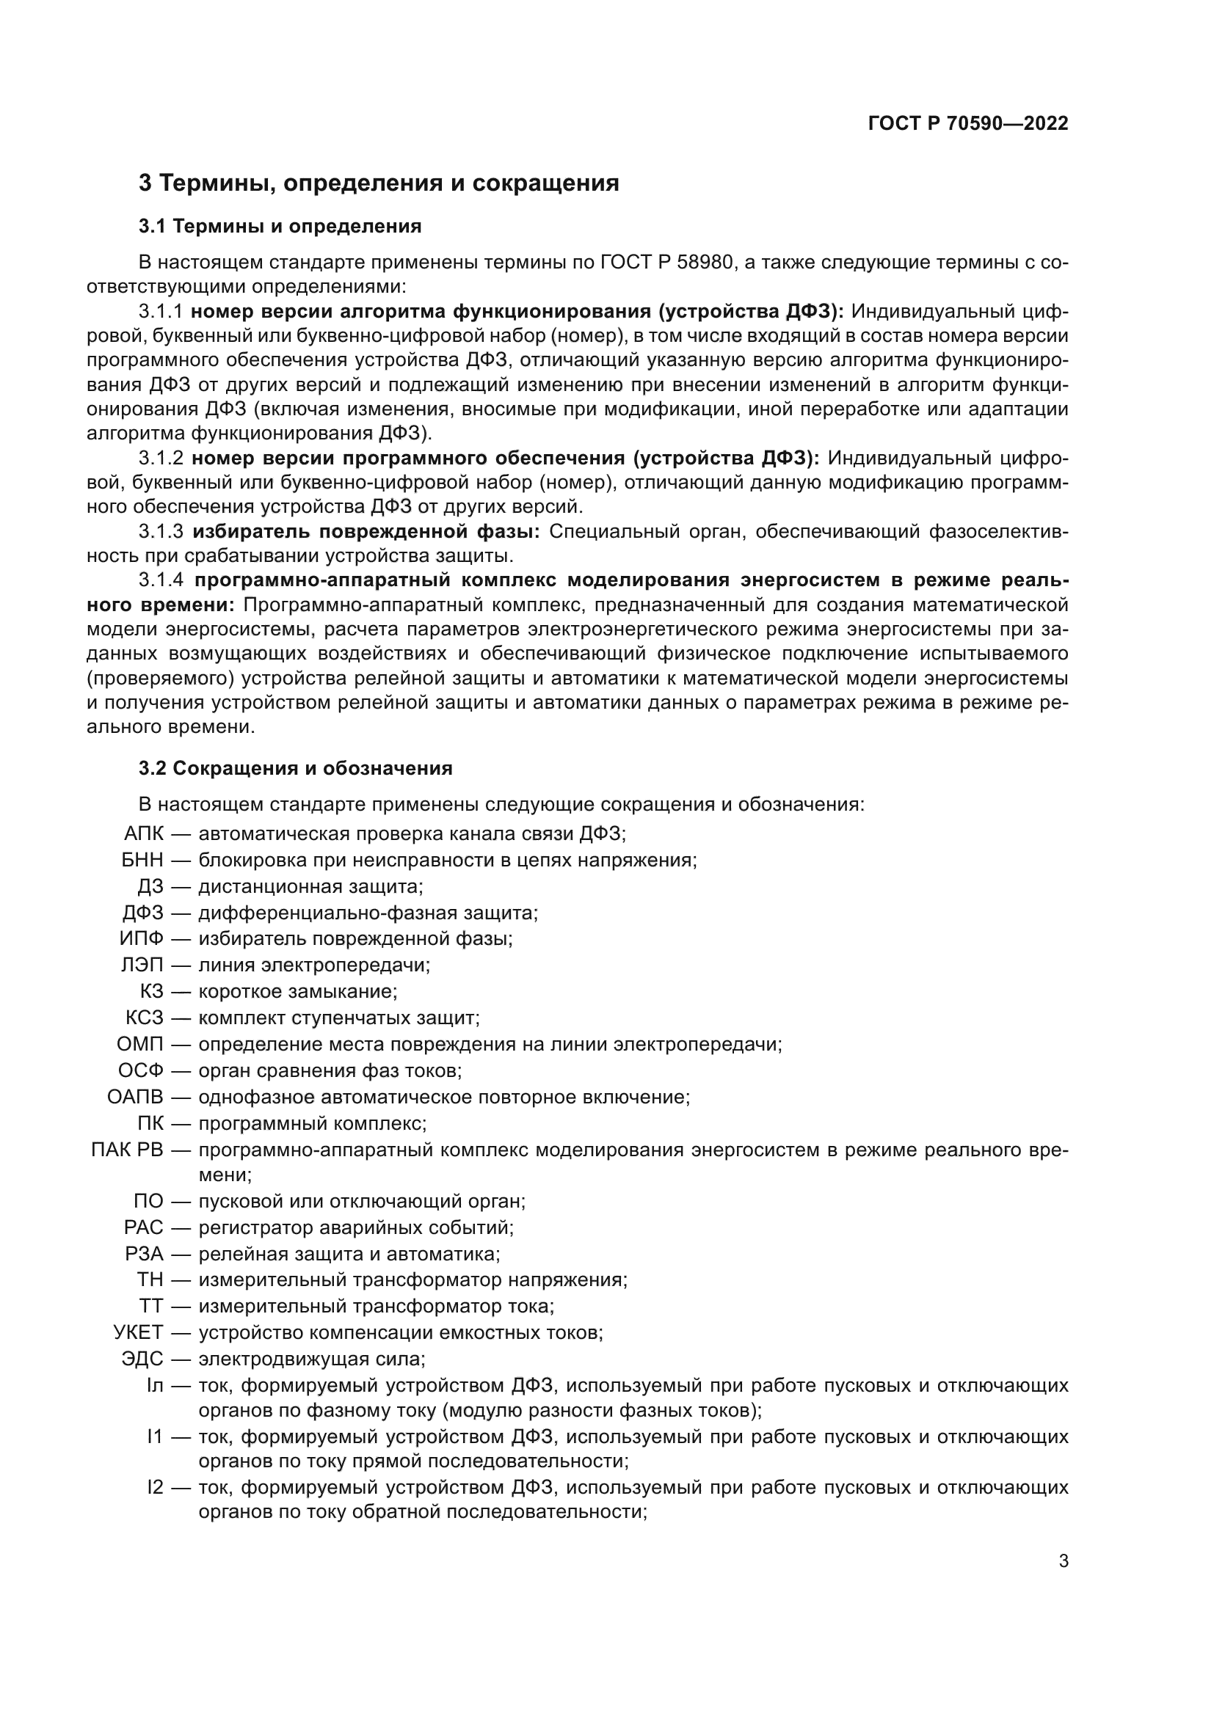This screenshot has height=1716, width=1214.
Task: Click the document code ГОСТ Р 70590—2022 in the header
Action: pos(968,123)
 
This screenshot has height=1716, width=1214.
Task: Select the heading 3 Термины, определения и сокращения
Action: pos(378,183)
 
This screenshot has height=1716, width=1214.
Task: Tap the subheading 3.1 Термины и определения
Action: pos(280,227)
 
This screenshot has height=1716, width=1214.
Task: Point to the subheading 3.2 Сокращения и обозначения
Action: pos(295,768)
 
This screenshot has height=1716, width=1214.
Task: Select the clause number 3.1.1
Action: pos(161,312)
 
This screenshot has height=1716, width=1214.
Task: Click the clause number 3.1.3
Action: pos(161,531)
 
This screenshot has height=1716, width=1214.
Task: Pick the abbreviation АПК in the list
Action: pos(143,833)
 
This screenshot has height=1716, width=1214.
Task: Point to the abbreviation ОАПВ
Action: pos(134,1097)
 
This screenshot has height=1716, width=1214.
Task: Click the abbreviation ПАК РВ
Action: pos(126,1150)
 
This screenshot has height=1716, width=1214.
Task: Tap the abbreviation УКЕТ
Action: pos(137,1332)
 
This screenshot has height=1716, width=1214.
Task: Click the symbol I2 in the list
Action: pos(155,1487)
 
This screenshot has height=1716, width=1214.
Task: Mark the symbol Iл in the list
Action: pos(154,1386)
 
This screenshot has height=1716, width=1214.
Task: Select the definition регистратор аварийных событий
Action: pos(355,1227)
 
